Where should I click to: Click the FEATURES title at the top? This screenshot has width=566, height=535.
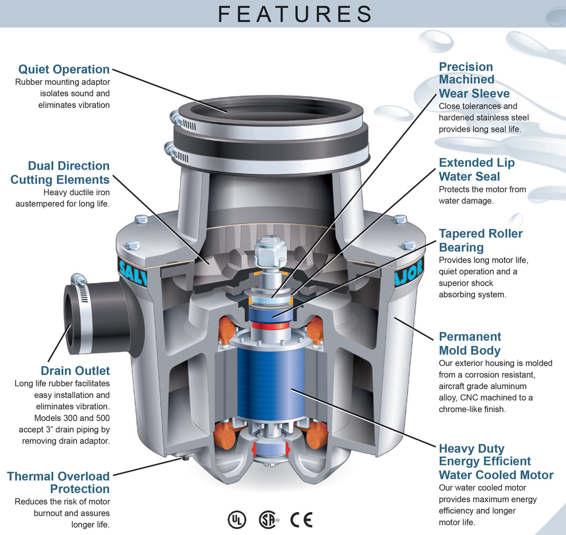click(295, 14)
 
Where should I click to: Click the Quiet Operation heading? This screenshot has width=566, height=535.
click(64, 69)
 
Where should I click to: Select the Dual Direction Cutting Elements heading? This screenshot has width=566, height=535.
click(61, 173)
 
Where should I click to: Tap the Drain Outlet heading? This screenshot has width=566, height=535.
click(75, 371)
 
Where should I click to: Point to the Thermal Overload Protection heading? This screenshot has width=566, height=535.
click(59, 483)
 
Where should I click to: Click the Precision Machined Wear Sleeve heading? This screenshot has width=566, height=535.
click(473, 80)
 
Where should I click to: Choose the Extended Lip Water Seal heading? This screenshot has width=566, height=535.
click(476, 170)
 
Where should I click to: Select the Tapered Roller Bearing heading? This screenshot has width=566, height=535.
click(480, 240)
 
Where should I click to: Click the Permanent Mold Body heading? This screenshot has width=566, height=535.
click(469, 343)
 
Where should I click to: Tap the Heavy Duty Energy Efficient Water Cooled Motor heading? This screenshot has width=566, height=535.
click(495, 462)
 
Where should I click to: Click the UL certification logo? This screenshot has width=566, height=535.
click(236, 519)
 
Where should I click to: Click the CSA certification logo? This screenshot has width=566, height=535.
click(268, 519)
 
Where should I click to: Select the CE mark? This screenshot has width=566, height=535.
click(301, 519)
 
